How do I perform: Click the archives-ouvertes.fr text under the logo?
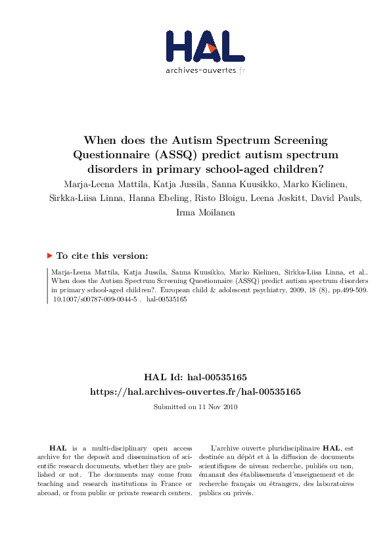pos(205,70)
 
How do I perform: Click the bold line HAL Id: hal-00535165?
pos(195,377)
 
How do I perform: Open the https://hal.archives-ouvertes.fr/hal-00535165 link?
pos(195,391)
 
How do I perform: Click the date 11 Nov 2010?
pos(219,407)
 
